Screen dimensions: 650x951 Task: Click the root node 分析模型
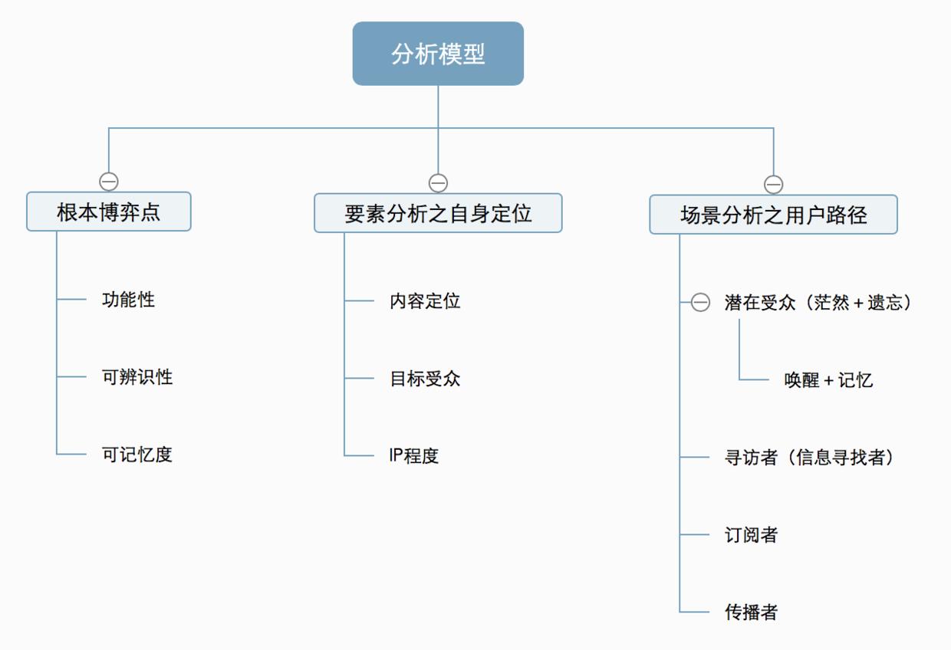[438, 54]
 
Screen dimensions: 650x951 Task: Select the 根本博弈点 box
[109, 212]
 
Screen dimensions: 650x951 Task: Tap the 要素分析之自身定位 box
[438, 213]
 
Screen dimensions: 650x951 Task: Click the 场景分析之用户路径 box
[773, 215]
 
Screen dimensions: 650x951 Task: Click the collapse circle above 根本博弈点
[109, 182]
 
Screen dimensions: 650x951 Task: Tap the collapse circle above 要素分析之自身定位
[438, 183]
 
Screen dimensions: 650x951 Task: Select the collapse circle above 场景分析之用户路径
[773, 185]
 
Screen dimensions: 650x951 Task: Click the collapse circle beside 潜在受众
[700, 303]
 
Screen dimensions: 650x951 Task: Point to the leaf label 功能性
[128, 300]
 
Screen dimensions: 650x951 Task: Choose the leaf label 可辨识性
[137, 377]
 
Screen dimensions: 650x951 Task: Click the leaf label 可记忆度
[137, 455]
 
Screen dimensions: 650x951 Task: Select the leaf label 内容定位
[425, 301]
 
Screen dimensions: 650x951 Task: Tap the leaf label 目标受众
[425, 379]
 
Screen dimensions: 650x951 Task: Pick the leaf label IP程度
[414, 456]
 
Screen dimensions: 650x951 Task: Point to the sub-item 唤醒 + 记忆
[828, 380]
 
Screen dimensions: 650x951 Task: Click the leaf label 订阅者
[752, 535]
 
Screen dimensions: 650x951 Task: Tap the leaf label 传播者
[752, 612]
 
